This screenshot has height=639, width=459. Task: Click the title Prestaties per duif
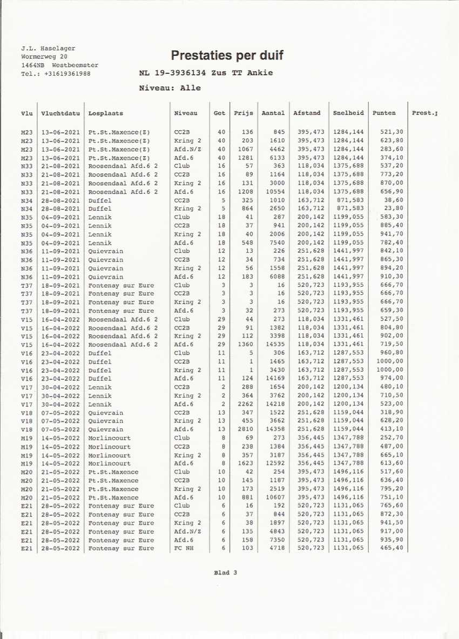coord(227,55)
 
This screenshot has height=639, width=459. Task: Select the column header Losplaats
coord(106,113)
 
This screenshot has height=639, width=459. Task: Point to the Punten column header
coord(384,113)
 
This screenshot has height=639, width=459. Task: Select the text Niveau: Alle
coord(170,88)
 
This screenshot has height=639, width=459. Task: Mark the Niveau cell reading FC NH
coord(183,548)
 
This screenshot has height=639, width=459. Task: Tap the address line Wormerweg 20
coord(44,56)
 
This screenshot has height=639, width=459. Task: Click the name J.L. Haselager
coord(48,48)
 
